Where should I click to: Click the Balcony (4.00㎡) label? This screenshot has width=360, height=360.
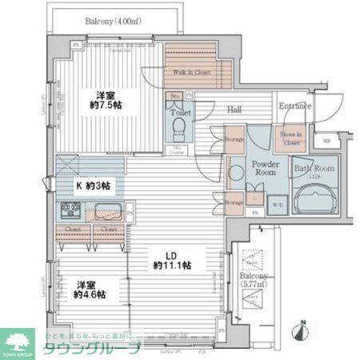tap(111, 21)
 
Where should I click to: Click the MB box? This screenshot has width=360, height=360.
tap(326, 142)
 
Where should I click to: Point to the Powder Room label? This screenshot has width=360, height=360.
tap(264, 168)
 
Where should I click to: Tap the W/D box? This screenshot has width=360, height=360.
tap(277, 204)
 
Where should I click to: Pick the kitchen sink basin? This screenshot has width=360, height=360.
tap(106, 212)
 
